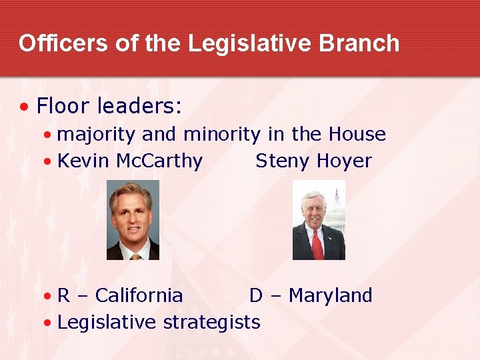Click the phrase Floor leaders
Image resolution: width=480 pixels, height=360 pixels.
[x=109, y=105]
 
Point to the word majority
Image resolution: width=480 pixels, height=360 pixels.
[x=97, y=135]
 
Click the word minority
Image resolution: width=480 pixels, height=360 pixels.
[x=221, y=135]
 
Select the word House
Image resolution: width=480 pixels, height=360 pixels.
[x=357, y=135]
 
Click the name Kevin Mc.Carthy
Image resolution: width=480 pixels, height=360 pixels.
[x=130, y=161]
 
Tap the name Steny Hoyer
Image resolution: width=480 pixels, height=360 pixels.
[x=313, y=161]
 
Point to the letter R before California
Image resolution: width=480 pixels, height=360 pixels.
[x=64, y=295]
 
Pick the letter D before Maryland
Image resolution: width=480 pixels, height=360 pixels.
[x=256, y=295]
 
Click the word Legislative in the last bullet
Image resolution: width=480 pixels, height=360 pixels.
[x=107, y=323]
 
